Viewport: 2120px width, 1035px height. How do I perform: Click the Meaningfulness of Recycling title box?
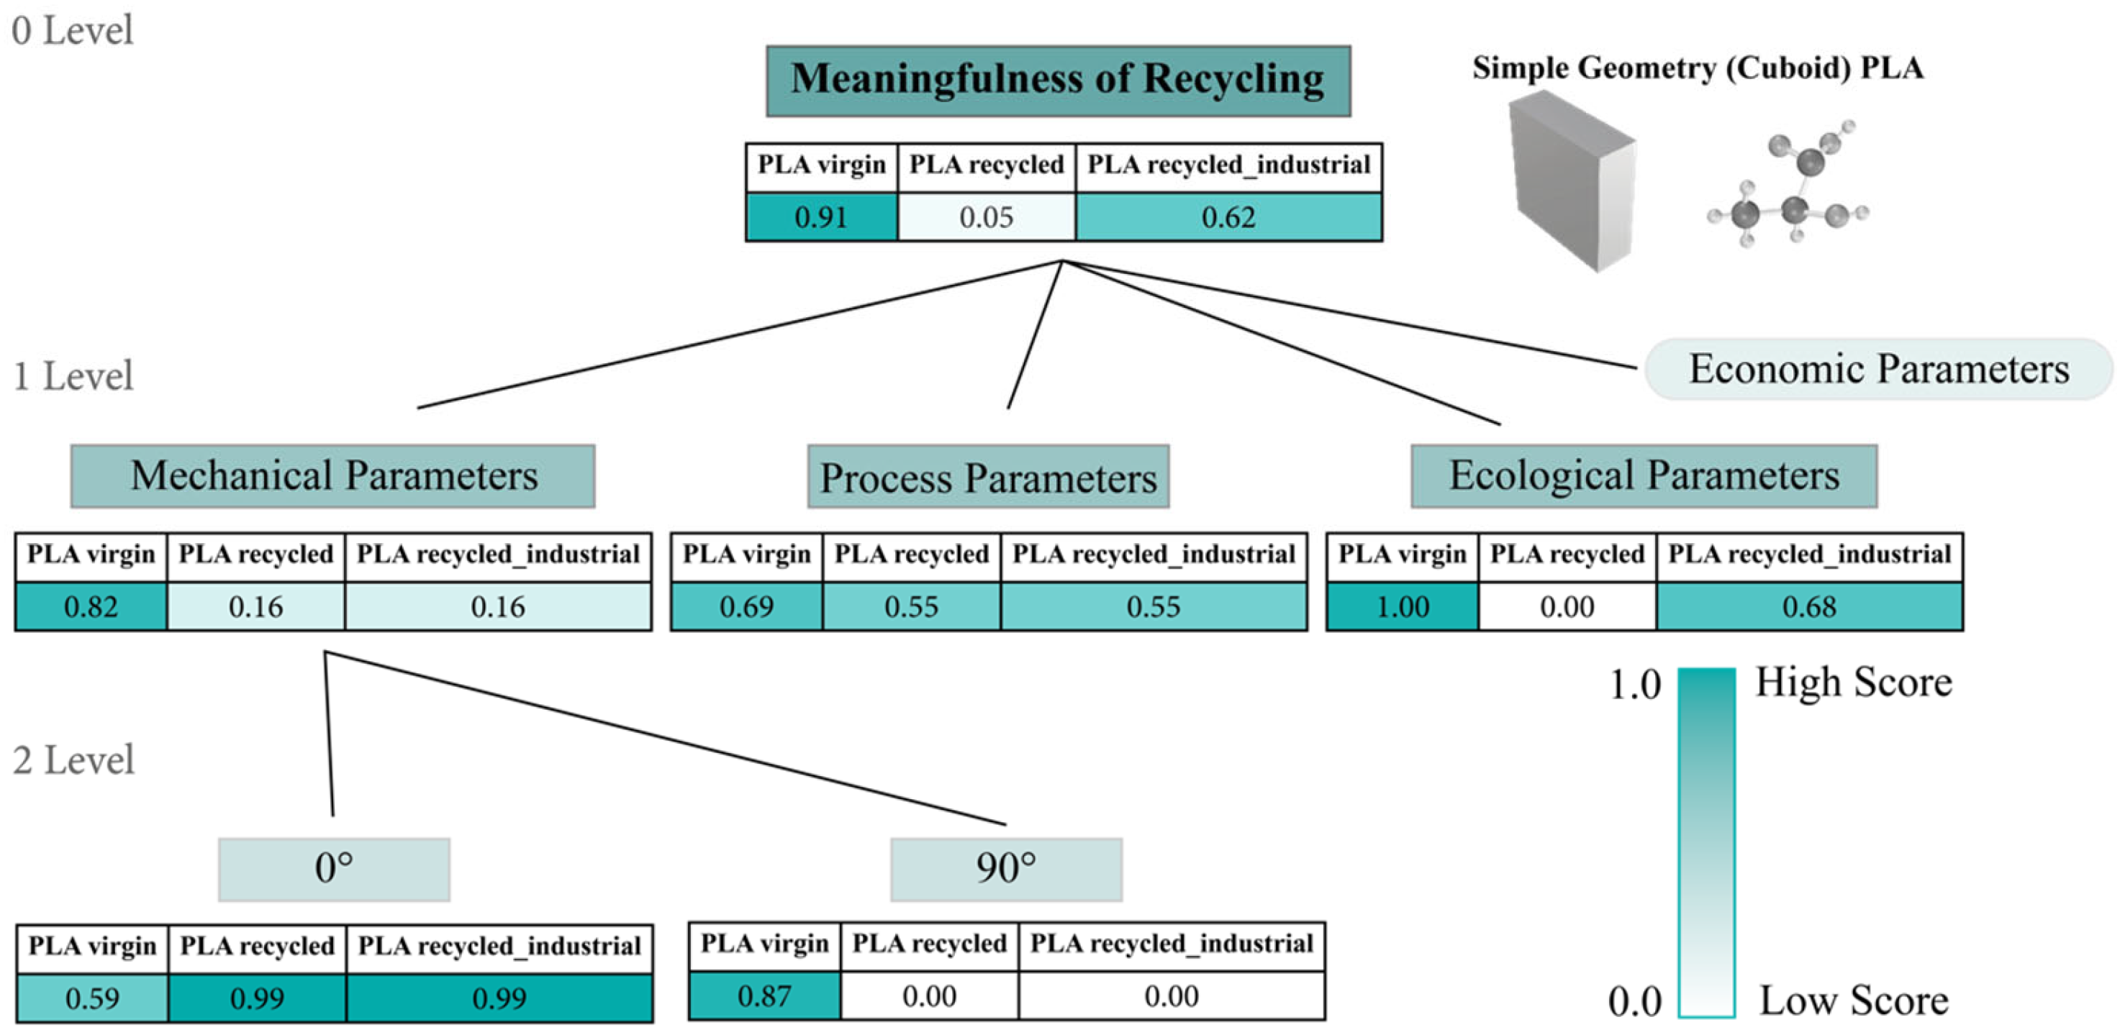click(1058, 81)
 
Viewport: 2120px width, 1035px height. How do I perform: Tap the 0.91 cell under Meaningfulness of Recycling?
click(820, 217)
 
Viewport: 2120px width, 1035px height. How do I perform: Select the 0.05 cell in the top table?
click(986, 217)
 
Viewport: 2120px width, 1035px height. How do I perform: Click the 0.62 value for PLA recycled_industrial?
click(1228, 217)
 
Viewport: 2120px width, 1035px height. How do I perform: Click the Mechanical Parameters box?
click(332, 476)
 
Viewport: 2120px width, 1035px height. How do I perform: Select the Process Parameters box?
click(987, 477)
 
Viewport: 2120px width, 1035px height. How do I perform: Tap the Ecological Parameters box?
click(1644, 476)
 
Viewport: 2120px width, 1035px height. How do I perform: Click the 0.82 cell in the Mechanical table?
click(91, 607)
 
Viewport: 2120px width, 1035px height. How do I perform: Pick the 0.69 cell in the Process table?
click(746, 607)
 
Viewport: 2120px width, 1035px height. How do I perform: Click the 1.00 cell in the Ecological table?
click(1402, 607)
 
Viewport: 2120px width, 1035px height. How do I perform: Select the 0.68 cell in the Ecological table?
click(1809, 607)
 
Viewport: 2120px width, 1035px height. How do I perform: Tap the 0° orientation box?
click(333, 869)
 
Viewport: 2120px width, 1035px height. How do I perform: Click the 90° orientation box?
click(1006, 869)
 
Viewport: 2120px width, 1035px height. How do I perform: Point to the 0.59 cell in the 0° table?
click(92, 999)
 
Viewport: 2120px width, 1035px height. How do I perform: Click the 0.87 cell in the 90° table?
click(764, 996)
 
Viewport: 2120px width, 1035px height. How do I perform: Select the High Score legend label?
click(1853, 683)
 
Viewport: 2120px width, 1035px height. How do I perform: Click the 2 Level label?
click(73, 760)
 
